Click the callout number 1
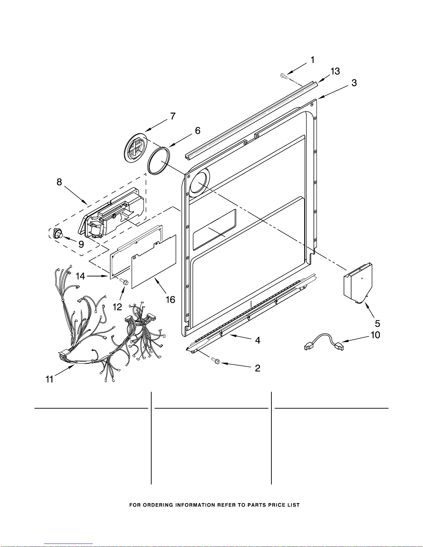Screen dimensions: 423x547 click(x=313, y=60)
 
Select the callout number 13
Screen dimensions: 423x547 click(x=335, y=71)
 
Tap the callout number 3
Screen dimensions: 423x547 click(x=354, y=83)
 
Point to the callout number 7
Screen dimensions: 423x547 click(x=173, y=116)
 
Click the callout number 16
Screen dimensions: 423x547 click(x=170, y=300)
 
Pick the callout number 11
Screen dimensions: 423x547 click(x=50, y=379)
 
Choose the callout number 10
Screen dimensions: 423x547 click(x=375, y=335)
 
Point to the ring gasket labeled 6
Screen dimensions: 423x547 click(x=158, y=161)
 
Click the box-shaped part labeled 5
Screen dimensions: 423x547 click(x=358, y=283)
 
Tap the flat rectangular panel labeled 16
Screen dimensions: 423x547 click(x=154, y=262)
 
